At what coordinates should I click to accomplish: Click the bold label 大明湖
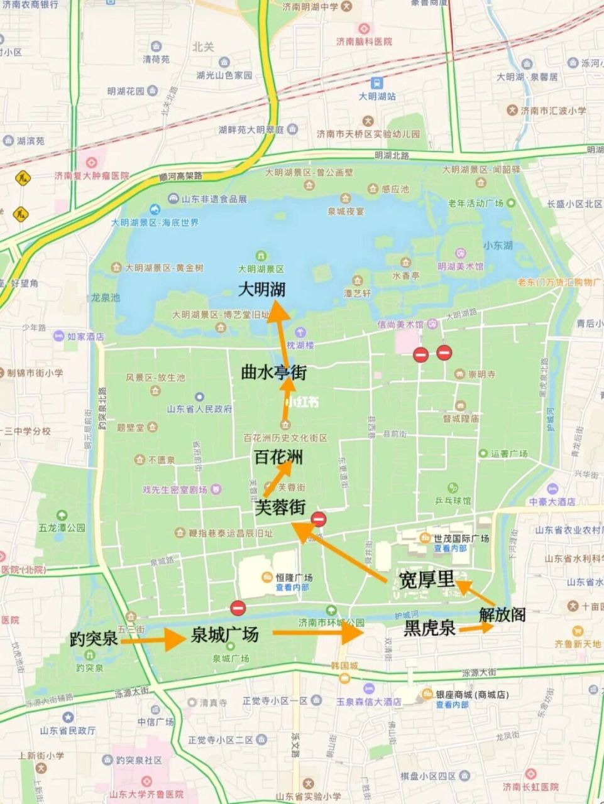(262, 289)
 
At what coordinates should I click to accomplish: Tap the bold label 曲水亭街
(273, 372)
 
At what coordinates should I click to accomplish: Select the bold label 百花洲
(278, 457)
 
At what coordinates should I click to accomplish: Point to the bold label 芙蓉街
(280, 508)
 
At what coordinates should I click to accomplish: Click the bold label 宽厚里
(427, 580)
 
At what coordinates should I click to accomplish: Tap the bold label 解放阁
(502, 614)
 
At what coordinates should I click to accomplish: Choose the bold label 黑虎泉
(430, 627)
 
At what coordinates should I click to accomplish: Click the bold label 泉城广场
(224, 635)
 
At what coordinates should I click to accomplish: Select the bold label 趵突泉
(94, 639)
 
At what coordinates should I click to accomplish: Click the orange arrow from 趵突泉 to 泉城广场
(151, 640)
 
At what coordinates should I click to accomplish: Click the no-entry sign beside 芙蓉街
(319, 519)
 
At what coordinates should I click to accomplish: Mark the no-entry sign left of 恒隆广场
(238, 607)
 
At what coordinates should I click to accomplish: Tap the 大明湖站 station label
(377, 97)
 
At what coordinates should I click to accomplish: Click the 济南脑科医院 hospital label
(364, 41)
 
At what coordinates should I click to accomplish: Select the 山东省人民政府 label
(199, 409)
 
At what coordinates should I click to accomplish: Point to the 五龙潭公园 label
(62, 528)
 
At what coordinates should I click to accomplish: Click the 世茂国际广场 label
(461, 538)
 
